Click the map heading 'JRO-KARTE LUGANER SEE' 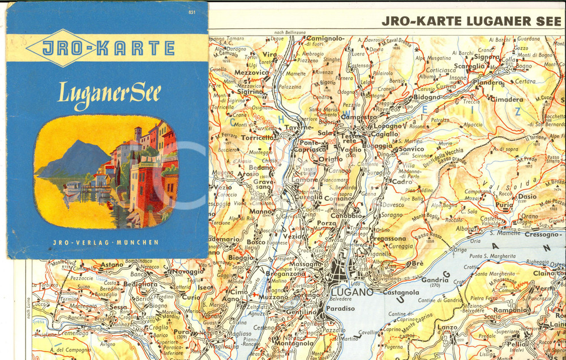(471, 22)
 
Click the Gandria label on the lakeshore (435, 280)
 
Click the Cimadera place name (506, 99)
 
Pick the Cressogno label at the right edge (543, 234)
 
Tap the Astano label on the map (112, 264)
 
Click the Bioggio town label (241, 258)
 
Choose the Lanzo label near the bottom (447, 327)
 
